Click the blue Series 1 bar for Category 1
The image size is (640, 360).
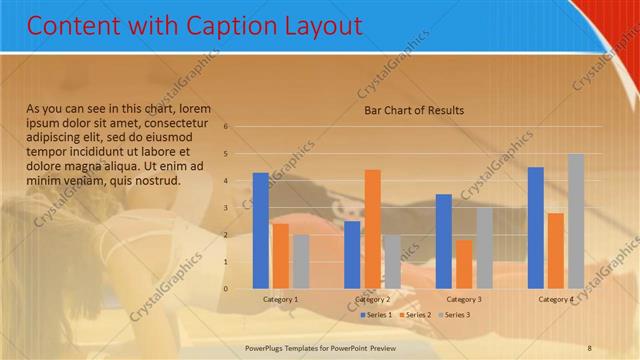tap(260, 230)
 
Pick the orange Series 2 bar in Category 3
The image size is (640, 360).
tap(464, 264)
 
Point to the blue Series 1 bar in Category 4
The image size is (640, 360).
tap(536, 227)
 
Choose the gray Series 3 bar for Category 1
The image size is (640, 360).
tap(301, 261)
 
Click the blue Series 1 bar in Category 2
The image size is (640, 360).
tap(352, 254)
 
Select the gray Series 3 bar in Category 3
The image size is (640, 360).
tap(484, 248)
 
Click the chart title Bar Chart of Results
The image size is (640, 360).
tap(413, 110)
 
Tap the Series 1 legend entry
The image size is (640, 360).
tap(376, 315)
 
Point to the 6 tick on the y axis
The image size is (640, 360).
tap(227, 127)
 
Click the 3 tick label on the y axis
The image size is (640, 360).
tap(227, 208)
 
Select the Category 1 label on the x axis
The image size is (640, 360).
tap(280, 299)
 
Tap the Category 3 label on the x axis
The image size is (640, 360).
tap(464, 299)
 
